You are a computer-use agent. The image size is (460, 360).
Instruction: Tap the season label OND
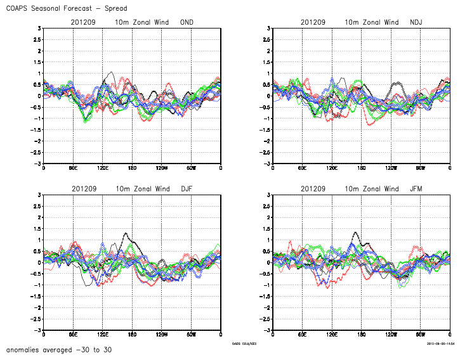coord(187,23)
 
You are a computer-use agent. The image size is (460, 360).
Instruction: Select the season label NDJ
coord(416,23)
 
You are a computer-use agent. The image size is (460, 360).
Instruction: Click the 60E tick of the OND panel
coord(73,167)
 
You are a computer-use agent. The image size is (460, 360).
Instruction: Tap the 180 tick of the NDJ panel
coord(362,167)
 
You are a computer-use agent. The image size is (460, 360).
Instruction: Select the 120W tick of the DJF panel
coord(162,334)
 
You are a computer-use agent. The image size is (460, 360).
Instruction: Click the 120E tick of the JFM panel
coord(332,334)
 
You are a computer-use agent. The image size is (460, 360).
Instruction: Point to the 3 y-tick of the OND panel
coord(39,29)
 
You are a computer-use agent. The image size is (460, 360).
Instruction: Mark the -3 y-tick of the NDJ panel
coord(267,164)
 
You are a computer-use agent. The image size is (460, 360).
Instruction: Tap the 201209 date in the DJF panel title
coord(84,189)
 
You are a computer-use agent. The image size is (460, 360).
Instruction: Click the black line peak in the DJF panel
coord(126,234)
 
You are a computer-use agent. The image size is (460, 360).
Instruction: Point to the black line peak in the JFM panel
coord(354,233)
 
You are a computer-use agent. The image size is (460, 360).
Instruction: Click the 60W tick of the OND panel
coord(191,167)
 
